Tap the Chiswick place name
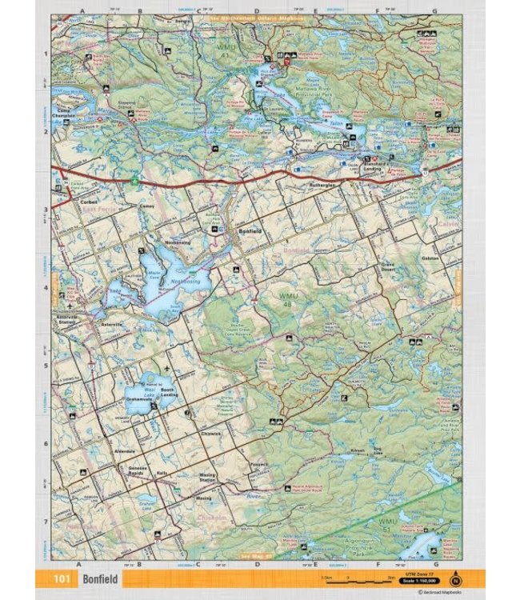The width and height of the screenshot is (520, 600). point(210,434)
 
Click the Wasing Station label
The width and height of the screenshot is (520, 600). point(206,477)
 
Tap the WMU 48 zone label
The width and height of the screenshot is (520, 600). point(287,301)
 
